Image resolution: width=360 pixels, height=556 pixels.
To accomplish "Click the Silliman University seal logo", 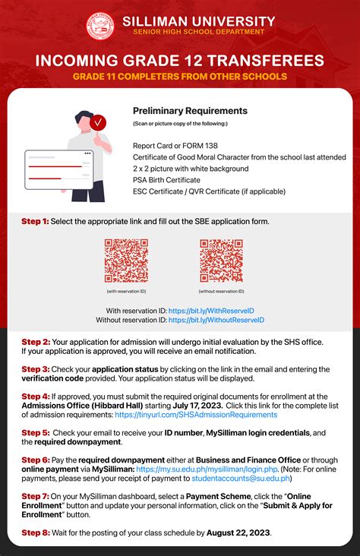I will point(99,26).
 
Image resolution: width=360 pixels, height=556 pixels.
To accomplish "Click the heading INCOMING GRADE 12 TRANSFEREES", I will point(180,61).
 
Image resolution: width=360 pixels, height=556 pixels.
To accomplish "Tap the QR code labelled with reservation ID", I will point(126,261).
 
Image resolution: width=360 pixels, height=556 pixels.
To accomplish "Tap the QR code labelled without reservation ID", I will point(221,261).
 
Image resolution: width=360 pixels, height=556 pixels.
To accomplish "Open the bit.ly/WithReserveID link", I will point(210,311).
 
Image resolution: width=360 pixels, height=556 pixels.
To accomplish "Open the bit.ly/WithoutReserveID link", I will point(216,321).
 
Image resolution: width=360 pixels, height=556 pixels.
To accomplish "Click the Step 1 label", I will point(35,221).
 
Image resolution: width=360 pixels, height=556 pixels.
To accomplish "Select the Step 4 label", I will point(35,396).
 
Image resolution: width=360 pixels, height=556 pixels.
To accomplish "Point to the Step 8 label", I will point(35,533).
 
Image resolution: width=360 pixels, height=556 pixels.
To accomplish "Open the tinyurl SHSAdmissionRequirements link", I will point(196,415).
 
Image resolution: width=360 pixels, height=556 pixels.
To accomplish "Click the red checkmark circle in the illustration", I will point(98,122).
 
